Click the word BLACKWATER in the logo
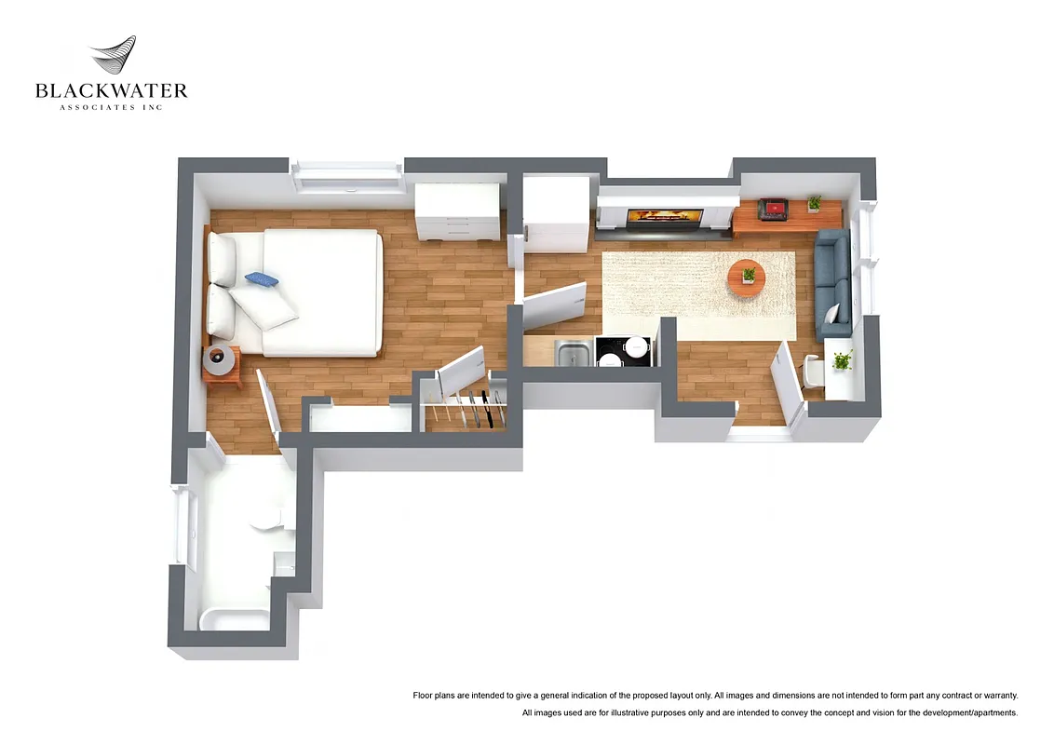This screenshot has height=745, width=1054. pos(112,90)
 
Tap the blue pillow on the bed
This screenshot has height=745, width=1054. pos(262,278)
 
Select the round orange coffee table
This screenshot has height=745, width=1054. pos(746,277)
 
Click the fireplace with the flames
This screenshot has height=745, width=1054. pos(662,218)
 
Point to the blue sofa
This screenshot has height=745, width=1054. pos(831,284)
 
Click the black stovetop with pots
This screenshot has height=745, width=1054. pos(622,351)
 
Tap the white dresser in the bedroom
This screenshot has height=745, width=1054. pos(456,213)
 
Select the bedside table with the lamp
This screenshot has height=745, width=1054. pos(222,364)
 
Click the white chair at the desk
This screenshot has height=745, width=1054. pos(812,371)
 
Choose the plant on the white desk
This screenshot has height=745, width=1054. pos(843,360)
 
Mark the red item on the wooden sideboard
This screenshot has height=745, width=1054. pos(772,209)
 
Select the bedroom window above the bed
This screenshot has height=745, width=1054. pos(346,176)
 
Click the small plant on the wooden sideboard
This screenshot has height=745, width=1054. pos(815,202)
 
